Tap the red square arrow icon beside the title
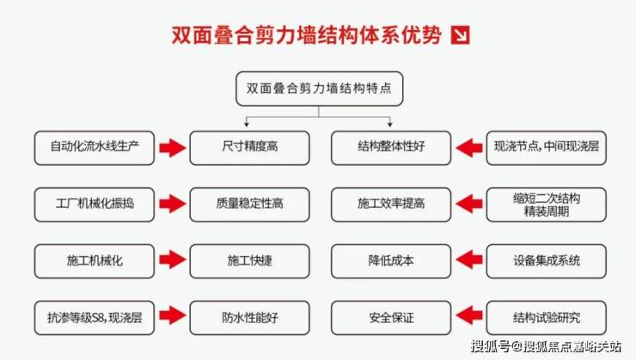tap(461, 36)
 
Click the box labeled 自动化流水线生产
tap(95, 147)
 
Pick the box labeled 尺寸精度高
tap(248, 147)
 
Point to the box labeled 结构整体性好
tap(390, 147)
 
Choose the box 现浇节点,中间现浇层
tap(546, 147)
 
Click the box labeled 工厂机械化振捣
tap(95, 204)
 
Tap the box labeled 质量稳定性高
tap(248, 204)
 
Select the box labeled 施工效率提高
tap(390, 204)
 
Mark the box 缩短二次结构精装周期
tap(546, 204)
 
